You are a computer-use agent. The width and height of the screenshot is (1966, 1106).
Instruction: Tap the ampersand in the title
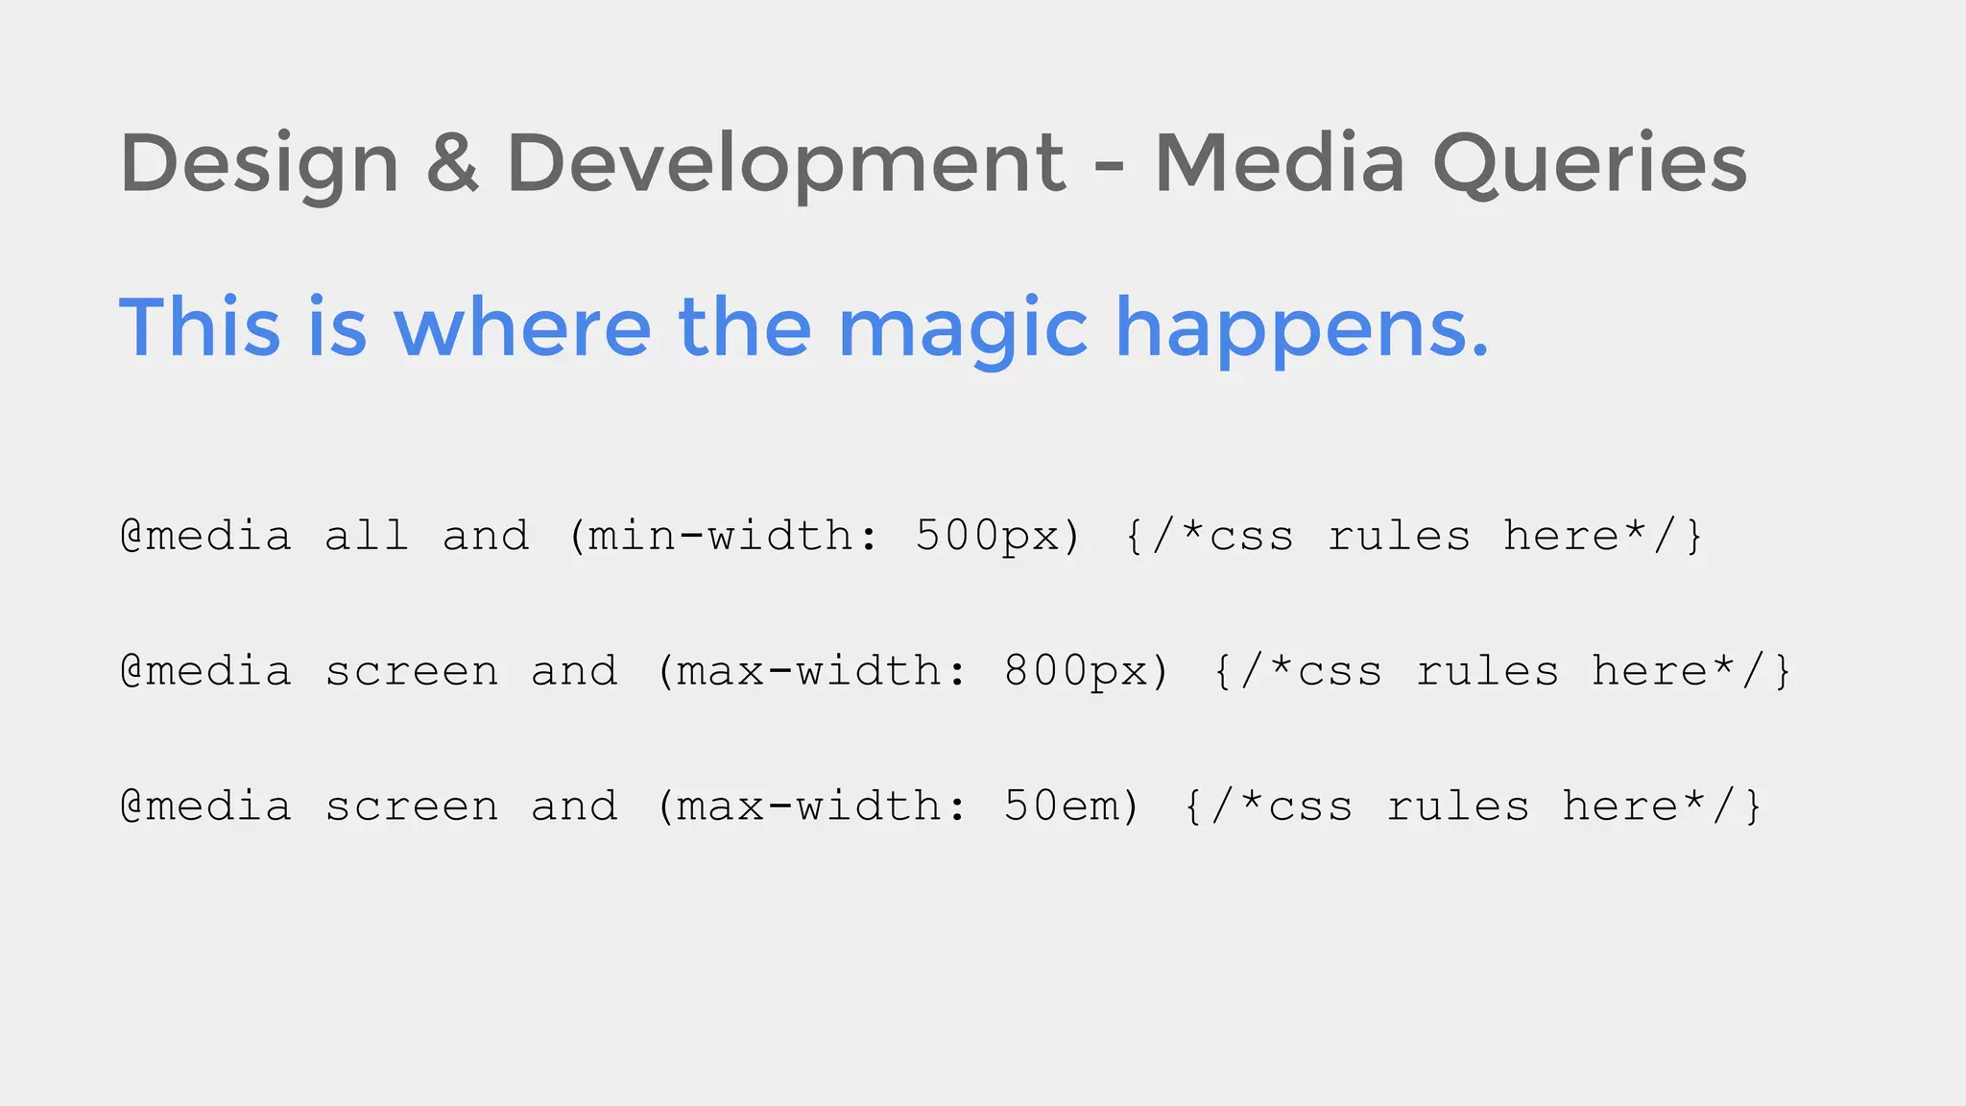click(x=452, y=163)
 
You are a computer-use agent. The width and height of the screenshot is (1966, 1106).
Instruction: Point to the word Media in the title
click(x=1279, y=163)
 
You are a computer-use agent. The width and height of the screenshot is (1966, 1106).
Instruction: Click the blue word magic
click(x=963, y=329)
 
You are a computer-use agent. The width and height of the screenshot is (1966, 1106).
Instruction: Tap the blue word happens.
click(x=1302, y=329)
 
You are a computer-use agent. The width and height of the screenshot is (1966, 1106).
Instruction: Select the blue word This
click(x=200, y=327)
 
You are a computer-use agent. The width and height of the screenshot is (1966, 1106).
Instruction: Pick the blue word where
click(x=523, y=327)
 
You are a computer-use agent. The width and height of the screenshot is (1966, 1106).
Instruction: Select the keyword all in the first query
click(x=367, y=536)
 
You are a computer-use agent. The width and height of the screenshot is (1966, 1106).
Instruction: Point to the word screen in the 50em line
click(x=412, y=806)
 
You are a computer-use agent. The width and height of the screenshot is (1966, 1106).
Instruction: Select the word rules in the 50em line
click(x=1457, y=806)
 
